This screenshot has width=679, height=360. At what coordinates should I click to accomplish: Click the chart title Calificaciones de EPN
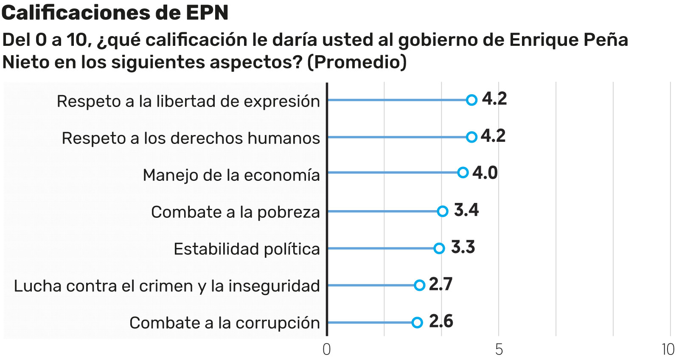tap(115, 13)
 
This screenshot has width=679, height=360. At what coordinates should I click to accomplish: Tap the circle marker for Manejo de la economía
tap(463, 172)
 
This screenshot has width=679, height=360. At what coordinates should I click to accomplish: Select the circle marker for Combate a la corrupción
tap(417, 323)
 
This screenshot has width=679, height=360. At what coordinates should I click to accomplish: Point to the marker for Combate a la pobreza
tap(443, 211)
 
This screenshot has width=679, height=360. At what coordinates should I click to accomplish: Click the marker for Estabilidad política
tap(439, 248)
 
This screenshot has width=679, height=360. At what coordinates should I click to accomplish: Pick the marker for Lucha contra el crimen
tap(419, 285)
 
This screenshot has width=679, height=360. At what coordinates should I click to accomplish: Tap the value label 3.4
tap(466, 210)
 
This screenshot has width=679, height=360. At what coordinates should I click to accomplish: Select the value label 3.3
tap(463, 247)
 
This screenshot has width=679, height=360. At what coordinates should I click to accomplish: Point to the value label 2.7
tap(441, 284)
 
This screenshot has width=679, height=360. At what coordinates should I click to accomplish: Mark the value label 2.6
tap(441, 321)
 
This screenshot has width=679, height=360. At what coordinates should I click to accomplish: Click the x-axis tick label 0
tap(326, 349)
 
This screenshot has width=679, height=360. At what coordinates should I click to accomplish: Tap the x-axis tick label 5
tap(499, 349)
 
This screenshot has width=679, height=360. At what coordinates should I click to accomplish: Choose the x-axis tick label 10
tap(668, 349)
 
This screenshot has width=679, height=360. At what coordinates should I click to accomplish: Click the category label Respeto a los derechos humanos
tap(191, 138)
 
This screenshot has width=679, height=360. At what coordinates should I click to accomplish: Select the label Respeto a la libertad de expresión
tap(188, 101)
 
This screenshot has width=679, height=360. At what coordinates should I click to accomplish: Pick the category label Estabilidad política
tap(247, 249)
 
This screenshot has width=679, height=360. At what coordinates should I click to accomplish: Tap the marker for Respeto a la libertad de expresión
tap(471, 100)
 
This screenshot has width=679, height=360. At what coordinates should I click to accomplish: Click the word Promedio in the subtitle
tap(356, 62)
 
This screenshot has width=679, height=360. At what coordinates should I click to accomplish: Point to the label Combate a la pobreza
tap(235, 212)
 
